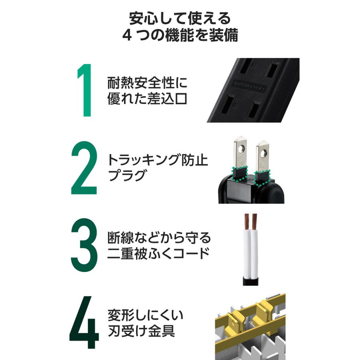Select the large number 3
click(x=84, y=245)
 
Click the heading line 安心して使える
click(x=180, y=18)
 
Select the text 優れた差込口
click(x=147, y=99)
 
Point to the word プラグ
click(x=126, y=176)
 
